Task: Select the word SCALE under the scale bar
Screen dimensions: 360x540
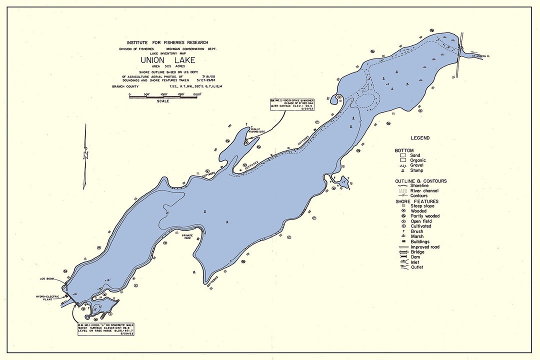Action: point(163,101)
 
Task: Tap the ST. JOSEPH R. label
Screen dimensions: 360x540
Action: point(481,56)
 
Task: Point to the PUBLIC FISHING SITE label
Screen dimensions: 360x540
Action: point(258,129)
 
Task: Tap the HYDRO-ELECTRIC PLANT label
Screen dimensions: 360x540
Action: point(48,298)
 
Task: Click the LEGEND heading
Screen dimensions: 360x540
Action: point(420,138)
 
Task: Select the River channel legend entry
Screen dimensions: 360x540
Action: point(423,190)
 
